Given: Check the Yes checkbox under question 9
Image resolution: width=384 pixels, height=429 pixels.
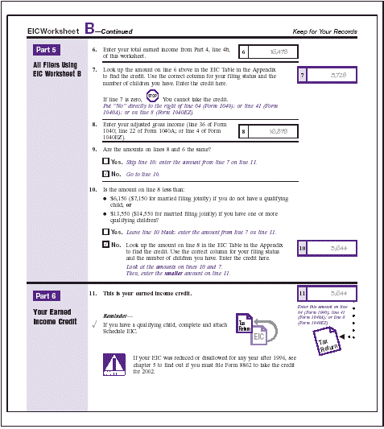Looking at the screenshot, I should tap(105, 162).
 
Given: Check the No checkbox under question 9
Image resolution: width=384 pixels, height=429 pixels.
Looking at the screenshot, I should tap(105, 173).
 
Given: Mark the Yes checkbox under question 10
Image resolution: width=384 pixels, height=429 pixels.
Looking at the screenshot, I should tap(105, 231).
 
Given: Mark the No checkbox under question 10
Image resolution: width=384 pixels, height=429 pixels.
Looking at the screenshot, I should tap(105, 244).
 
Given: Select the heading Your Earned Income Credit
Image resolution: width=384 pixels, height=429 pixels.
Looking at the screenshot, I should tap(53, 316).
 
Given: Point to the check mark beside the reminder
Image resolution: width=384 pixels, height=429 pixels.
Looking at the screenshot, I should tap(95, 325).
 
